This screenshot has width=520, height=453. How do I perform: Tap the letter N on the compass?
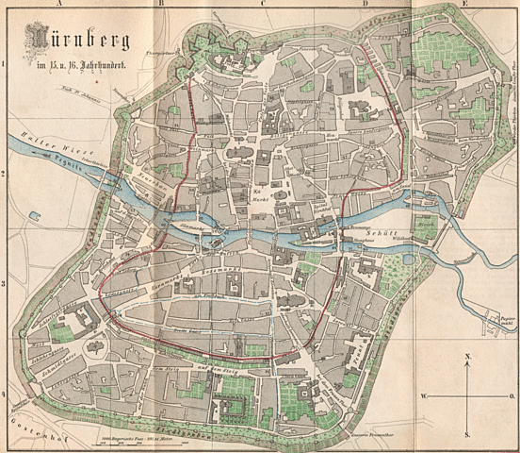pos(468,357)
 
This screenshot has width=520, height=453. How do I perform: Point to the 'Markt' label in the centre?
pos(257,196)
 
